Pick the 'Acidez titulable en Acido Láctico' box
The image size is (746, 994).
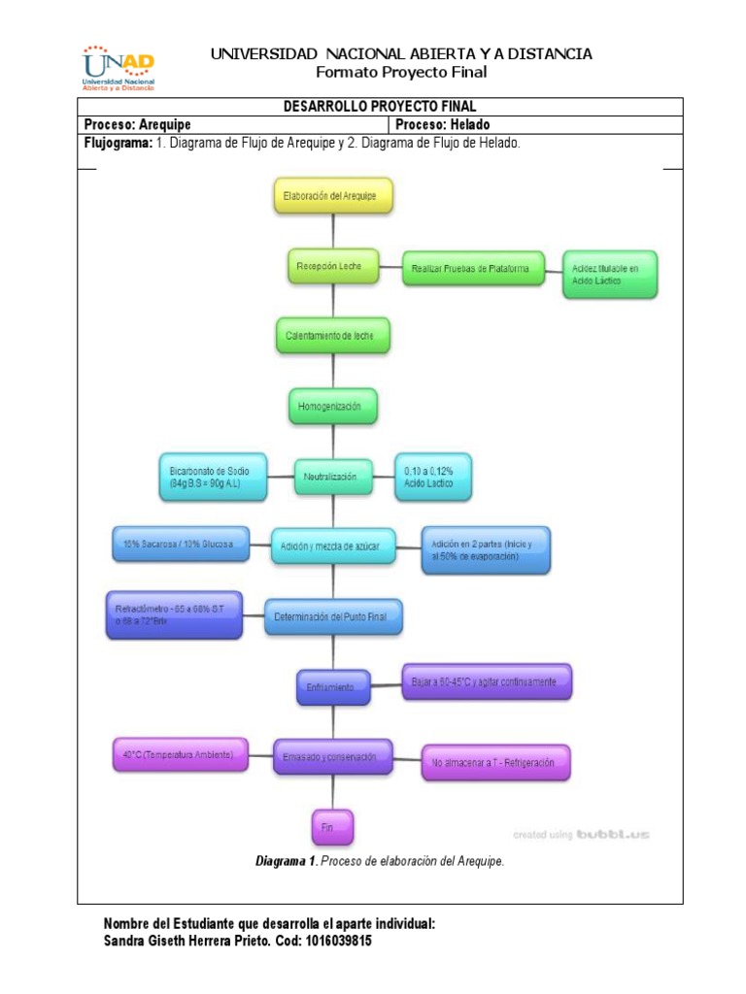tap(610, 274)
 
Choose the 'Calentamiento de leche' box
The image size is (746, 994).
tap(333, 336)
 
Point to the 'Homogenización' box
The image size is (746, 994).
tap(333, 407)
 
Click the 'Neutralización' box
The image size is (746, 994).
tap(333, 477)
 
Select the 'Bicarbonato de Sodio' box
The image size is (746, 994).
tap(213, 477)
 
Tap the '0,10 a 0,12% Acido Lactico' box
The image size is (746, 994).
tap(431, 477)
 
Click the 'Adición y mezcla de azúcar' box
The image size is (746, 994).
tap(333, 547)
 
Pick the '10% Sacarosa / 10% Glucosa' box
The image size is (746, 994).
tap(181, 545)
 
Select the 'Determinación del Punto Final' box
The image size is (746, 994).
tap(333, 616)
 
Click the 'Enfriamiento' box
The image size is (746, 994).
tap(333, 687)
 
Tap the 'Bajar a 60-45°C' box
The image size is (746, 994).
tap(487, 681)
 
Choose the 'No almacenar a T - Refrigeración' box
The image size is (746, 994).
tap(495, 762)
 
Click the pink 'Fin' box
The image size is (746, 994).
tap(332, 826)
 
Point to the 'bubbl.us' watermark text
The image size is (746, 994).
tap(612, 833)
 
